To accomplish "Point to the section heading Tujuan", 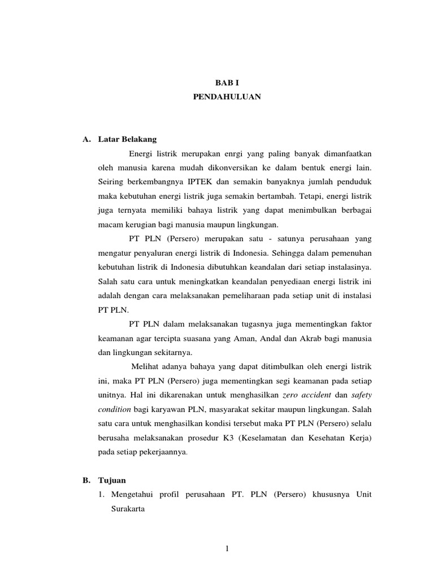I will coord(112,480).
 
